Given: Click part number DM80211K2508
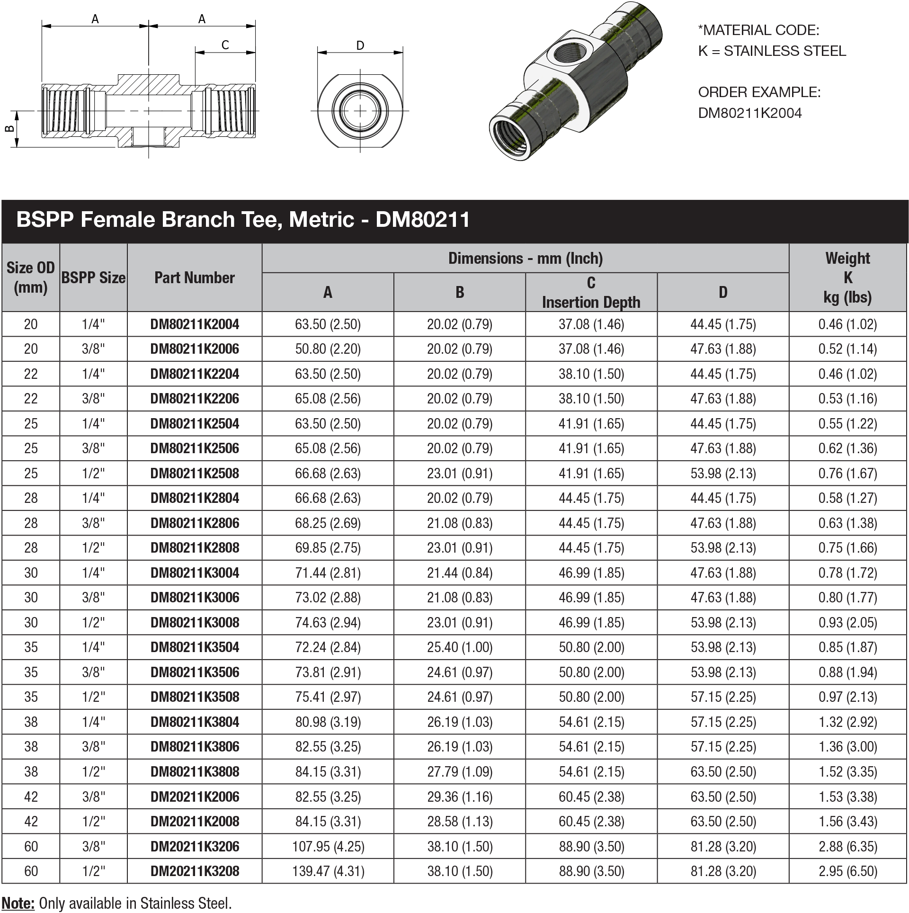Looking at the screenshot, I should [x=195, y=473].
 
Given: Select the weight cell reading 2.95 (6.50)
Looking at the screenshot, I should [x=847, y=871].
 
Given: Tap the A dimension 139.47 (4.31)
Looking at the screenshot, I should [x=328, y=871].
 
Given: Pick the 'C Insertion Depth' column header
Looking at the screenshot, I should [x=591, y=292].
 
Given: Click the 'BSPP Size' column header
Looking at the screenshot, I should [x=93, y=277].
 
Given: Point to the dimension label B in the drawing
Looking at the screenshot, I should [x=9, y=129].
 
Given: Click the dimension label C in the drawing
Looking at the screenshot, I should [x=225, y=45].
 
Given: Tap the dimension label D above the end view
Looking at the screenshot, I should [x=360, y=45].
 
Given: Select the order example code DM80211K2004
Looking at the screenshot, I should [x=749, y=113].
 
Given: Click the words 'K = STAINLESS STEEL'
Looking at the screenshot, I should [x=772, y=51].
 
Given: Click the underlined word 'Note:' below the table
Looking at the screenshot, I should [x=18, y=903].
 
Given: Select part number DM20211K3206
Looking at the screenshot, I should [x=195, y=846].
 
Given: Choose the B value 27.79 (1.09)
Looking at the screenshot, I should [x=459, y=771].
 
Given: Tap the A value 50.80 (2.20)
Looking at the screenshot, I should [x=328, y=349].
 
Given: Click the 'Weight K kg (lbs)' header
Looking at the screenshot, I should [x=847, y=277].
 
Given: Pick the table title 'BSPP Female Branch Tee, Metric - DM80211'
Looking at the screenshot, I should [x=243, y=220].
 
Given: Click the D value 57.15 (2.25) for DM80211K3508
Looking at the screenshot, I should [x=723, y=697].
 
